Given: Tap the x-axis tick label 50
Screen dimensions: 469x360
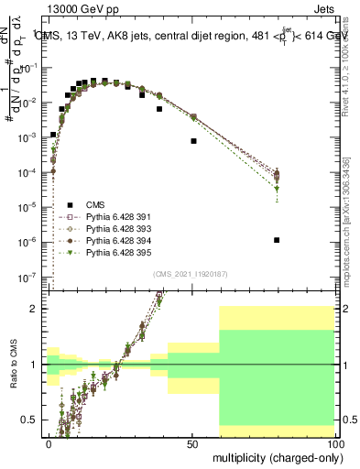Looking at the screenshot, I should [192, 443].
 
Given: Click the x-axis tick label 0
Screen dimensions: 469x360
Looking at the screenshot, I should [49, 443].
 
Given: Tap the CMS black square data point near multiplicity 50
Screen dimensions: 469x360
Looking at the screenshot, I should [193, 141].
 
